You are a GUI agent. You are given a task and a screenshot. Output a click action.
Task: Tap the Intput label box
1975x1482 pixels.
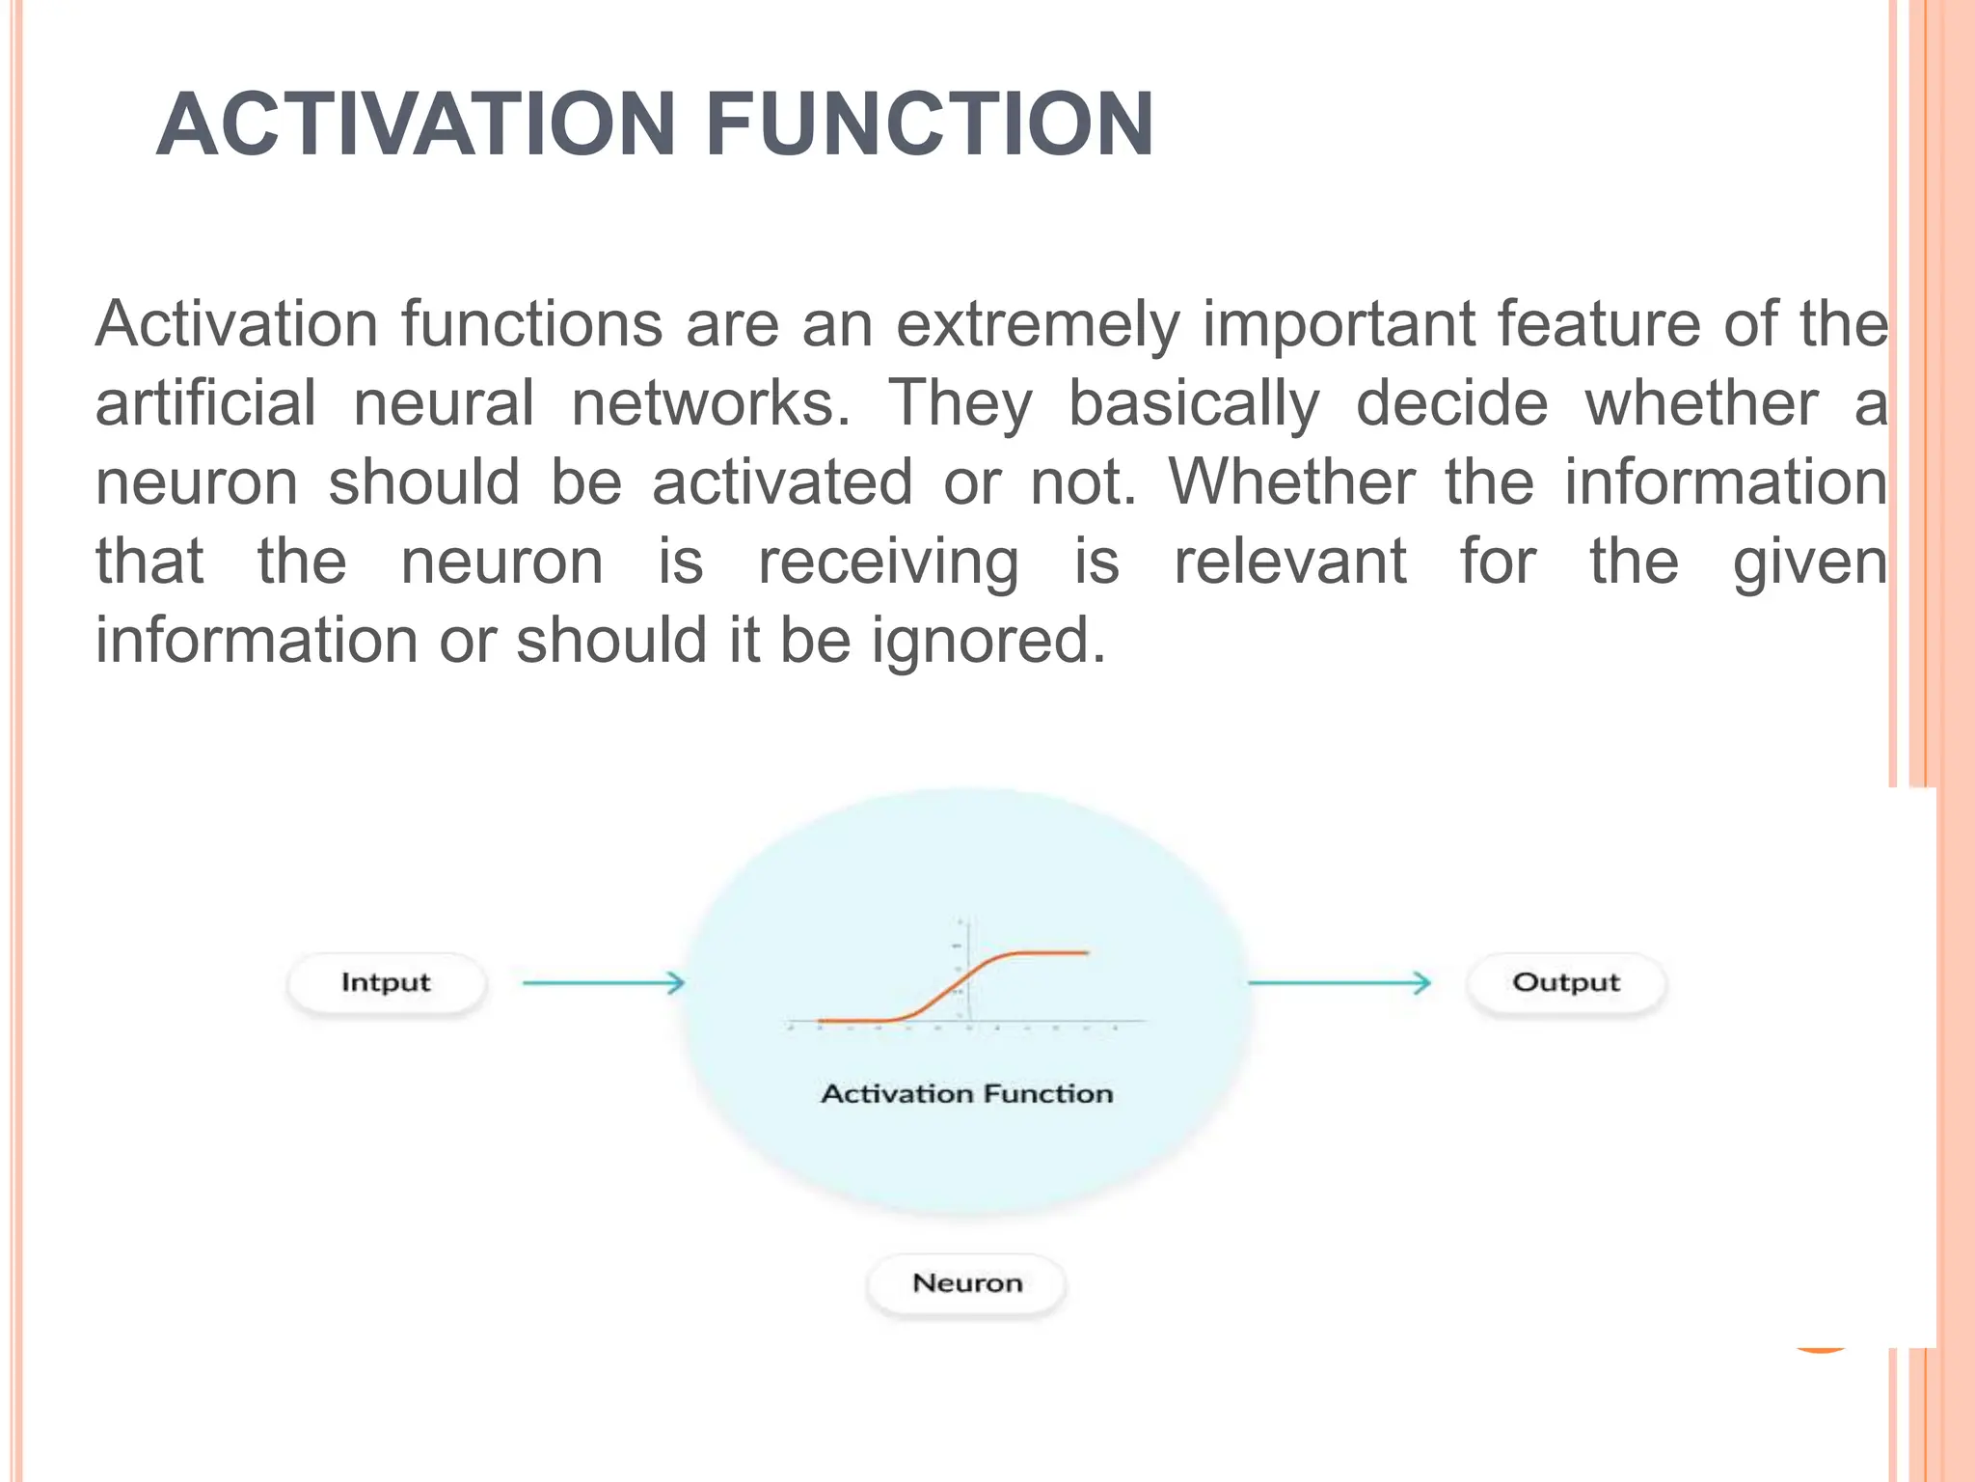coord(386,983)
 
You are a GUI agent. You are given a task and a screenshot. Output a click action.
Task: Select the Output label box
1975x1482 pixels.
coord(1565,983)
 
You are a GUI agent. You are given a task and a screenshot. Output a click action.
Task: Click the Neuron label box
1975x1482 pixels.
coord(966,1283)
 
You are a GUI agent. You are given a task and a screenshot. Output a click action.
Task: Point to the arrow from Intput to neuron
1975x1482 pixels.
coord(603,983)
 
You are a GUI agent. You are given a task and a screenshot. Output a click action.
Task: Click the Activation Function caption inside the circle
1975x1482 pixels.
coord(966,1094)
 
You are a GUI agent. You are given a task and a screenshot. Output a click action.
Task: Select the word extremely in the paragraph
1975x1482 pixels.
coord(1037,324)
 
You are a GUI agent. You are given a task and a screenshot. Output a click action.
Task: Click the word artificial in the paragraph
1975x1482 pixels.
coord(205,403)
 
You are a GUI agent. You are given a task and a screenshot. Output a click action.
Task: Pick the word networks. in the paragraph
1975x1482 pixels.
coord(711,403)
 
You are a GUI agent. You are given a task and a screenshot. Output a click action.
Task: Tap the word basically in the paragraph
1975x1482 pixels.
coord(1193,403)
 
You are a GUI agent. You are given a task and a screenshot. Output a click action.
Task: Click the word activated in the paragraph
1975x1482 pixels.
coord(781,482)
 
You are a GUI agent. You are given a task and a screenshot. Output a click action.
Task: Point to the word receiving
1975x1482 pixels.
coord(887,562)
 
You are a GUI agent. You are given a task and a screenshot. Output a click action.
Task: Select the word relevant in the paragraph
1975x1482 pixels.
coord(1289,562)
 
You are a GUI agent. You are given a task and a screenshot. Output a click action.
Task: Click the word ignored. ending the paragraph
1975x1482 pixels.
coord(988,641)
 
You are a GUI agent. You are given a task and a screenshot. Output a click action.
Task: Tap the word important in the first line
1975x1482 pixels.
coord(1338,324)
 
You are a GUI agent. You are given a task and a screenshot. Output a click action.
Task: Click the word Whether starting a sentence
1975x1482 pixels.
coord(1291,482)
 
